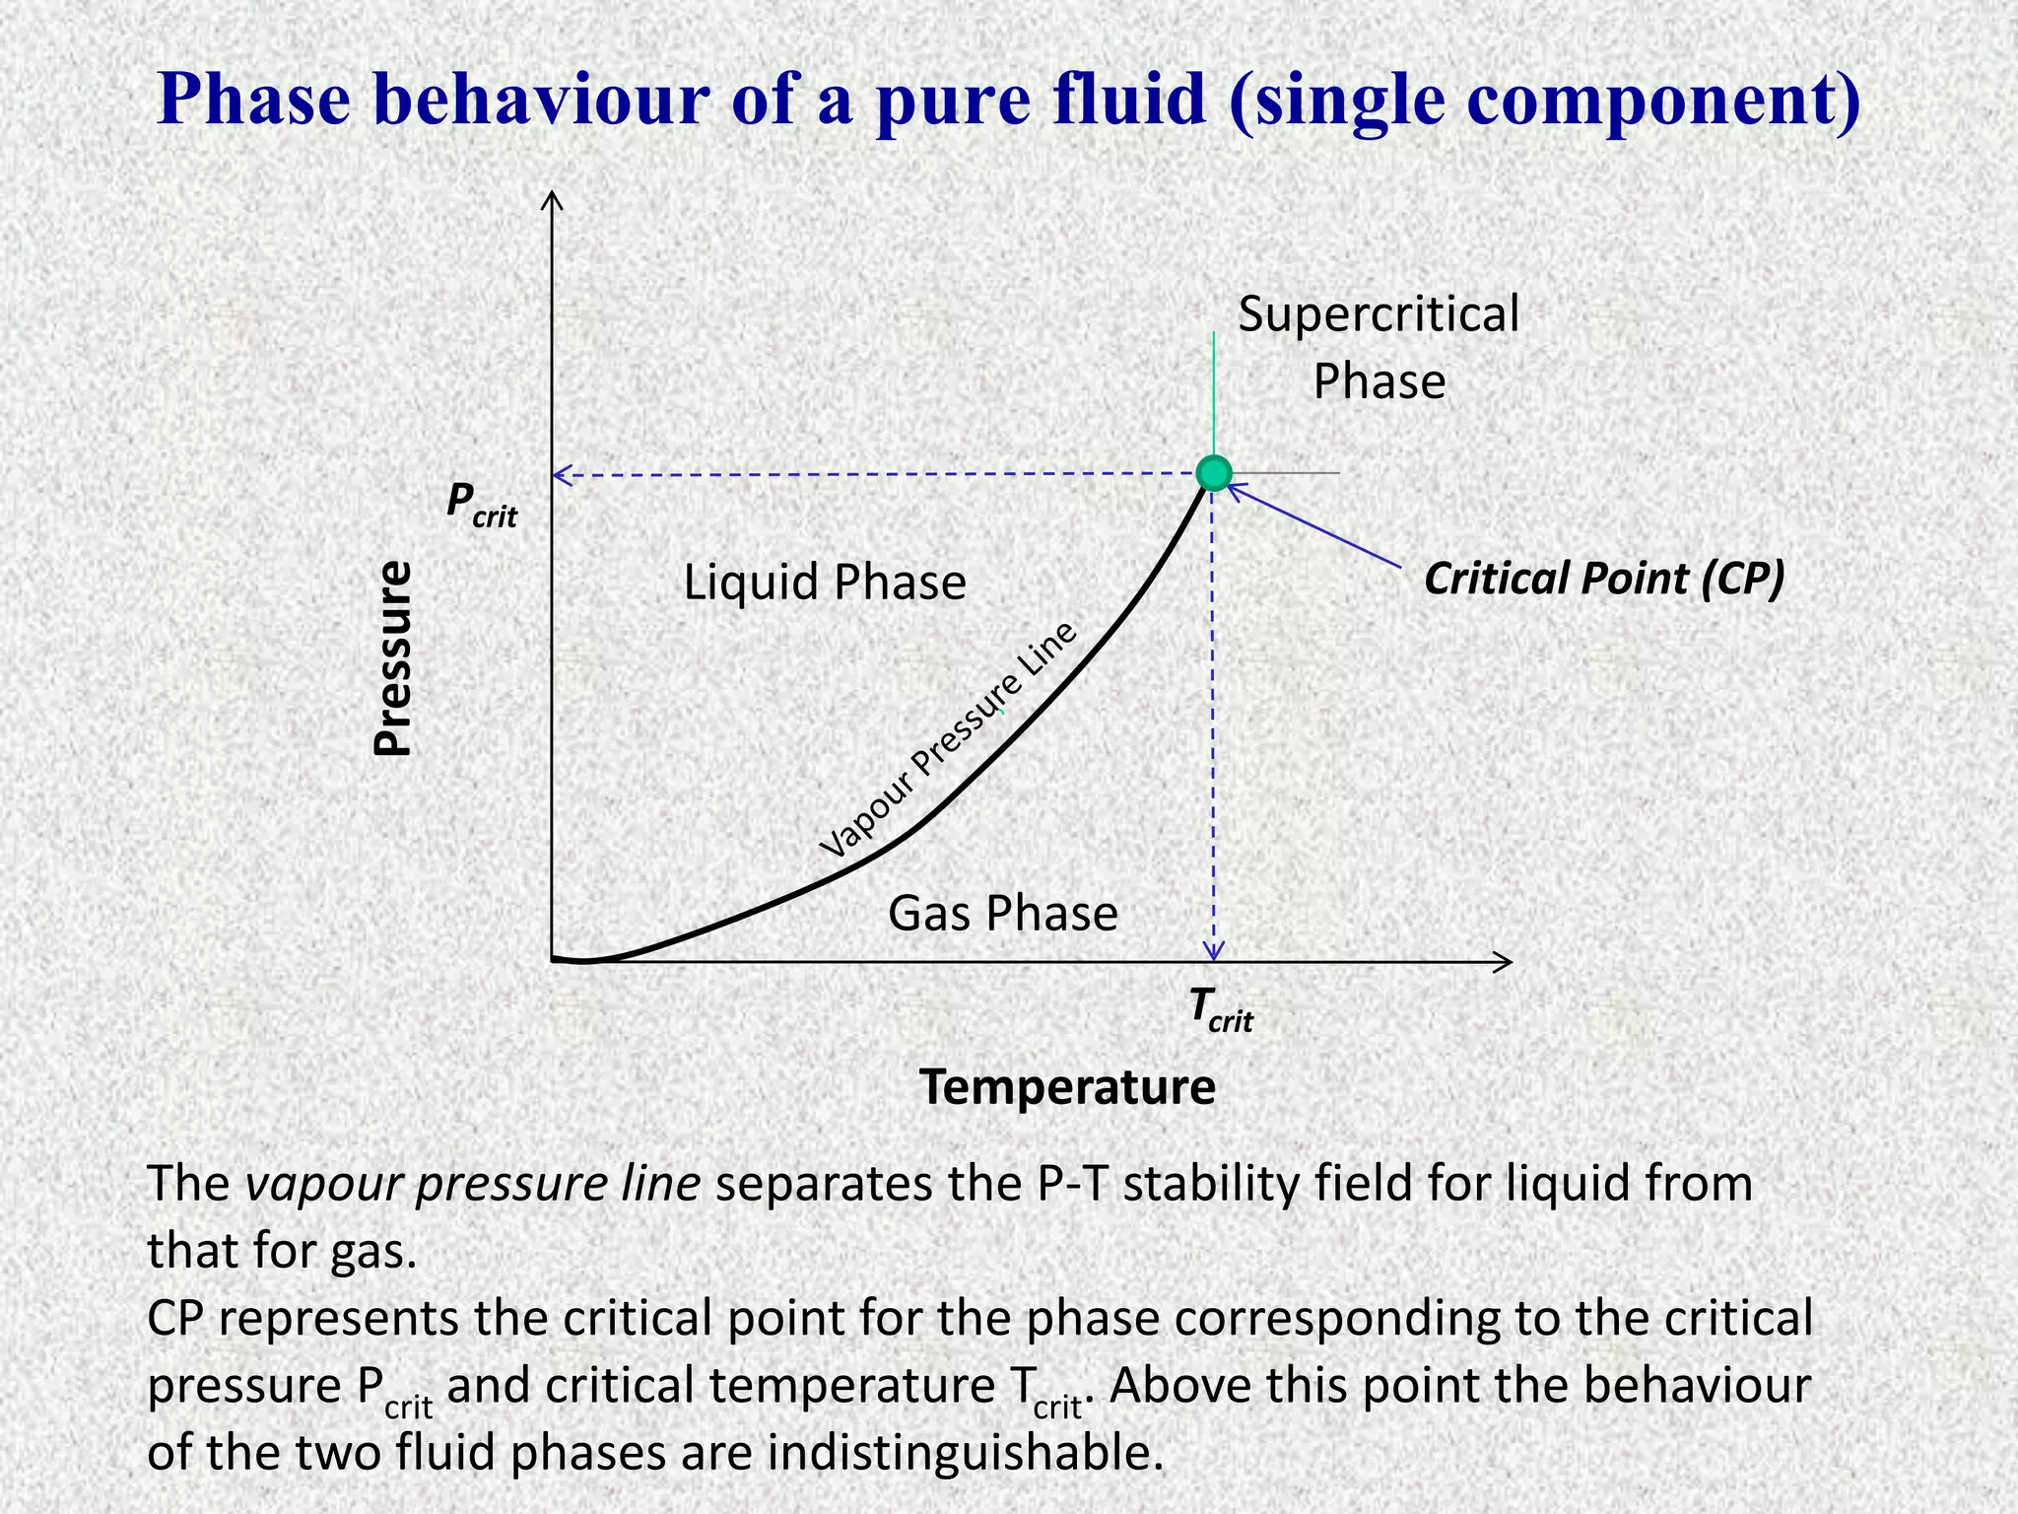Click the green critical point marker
pos(1214,473)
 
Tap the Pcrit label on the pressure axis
pos(481,504)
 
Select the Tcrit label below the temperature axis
pos(1220,1009)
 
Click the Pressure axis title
pos(393,657)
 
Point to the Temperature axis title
pos(1067,1087)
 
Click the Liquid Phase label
pos(825,582)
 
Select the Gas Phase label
pos(1003,913)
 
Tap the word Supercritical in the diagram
pos(1379,314)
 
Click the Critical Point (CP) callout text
pos(1604,578)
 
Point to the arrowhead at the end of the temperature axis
pos(1504,962)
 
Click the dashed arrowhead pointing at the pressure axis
pos(562,476)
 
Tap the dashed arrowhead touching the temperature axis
pos(1215,951)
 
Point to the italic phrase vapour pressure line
pos(473,1184)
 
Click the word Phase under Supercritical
pos(1379,381)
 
